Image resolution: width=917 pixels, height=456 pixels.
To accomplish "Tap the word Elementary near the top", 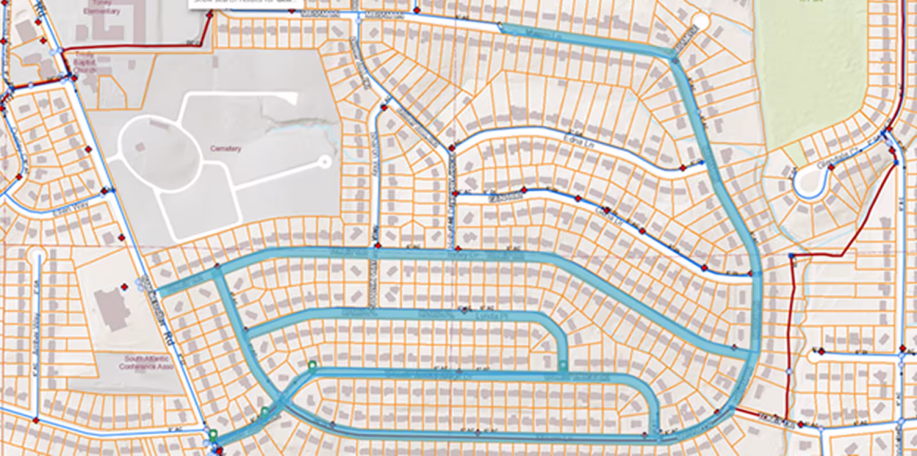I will coord(101,11).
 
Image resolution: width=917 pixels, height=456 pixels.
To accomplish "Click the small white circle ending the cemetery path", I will coord(325,162).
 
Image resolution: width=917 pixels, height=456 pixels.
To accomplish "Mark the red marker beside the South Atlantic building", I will coord(124,286).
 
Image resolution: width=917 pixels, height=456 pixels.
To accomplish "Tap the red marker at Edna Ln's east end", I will coord(683,168).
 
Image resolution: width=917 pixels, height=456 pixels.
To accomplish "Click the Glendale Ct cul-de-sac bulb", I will coord(808,182).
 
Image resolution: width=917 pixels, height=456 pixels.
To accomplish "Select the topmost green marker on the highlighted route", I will coord(312,365).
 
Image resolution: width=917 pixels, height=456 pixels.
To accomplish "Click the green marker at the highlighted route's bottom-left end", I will coord(213,435).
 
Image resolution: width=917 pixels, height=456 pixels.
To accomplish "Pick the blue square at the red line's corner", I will coord(791,255).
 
